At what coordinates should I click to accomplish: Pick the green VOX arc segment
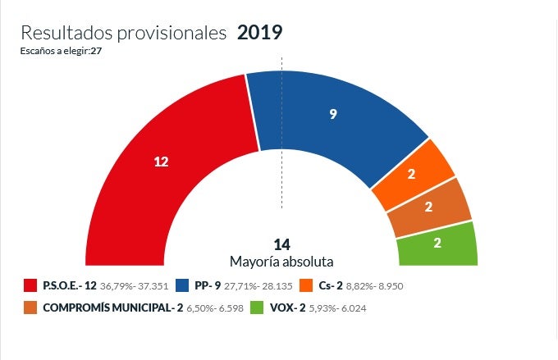tap(437, 244)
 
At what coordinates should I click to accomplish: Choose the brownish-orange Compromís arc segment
tap(429, 207)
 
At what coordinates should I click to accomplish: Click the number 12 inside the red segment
tap(161, 162)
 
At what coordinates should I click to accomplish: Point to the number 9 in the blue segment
tap(333, 115)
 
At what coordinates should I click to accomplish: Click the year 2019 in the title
tap(259, 33)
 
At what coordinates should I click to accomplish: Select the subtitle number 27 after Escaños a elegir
tap(96, 51)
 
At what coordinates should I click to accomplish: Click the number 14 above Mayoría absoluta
tap(282, 244)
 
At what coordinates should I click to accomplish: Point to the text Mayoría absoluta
tap(282, 262)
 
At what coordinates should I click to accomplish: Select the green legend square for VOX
tap(256, 308)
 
